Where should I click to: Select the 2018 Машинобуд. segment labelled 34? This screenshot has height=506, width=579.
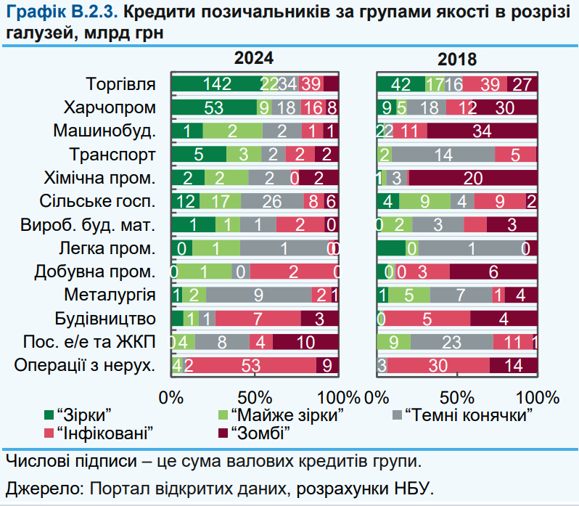tap(482, 131)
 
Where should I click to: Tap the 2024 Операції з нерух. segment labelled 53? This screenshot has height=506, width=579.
tap(251, 365)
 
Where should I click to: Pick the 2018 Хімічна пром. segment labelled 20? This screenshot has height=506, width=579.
tap(472, 177)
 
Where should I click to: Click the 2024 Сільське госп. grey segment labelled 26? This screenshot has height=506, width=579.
tap(272, 201)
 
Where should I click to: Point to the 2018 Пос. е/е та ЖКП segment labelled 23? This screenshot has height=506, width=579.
tap(451, 342)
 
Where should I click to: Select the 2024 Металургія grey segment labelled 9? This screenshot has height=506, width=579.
tap(259, 295)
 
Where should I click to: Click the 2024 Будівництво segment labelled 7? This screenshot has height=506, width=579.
tap(258, 319)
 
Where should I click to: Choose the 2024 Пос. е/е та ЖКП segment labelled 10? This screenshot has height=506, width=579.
tap(305, 342)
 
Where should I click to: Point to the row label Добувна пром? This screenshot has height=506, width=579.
tap(95, 272)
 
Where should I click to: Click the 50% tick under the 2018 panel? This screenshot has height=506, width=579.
tap(456, 397)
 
